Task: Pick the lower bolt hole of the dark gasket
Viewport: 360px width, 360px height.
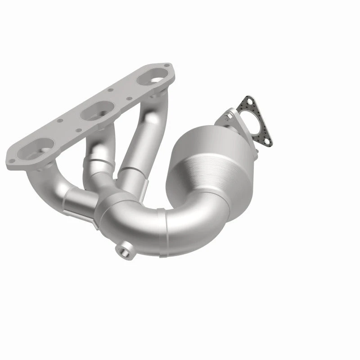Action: (x=269, y=143)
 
